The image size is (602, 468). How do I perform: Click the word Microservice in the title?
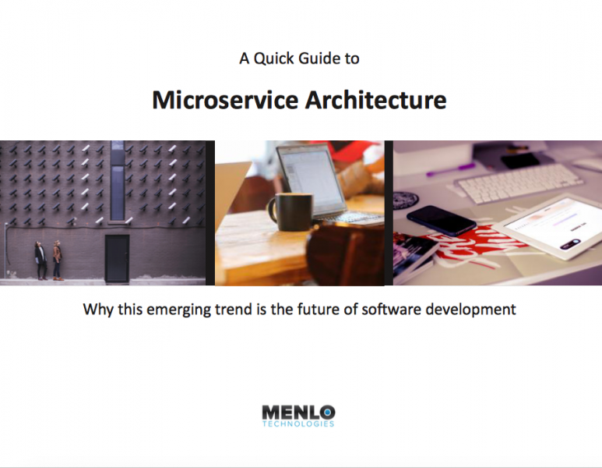tap(225, 100)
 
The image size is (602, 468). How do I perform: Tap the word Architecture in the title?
tap(376, 100)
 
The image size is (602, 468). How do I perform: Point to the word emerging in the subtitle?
tap(179, 310)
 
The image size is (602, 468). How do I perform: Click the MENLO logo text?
tap(299, 413)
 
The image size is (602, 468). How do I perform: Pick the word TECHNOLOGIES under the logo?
tap(298, 424)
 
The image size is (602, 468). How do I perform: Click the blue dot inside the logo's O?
tap(327, 413)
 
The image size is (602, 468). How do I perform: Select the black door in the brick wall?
tap(117, 259)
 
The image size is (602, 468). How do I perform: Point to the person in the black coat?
tap(40, 261)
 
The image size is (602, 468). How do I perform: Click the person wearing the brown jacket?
tap(57, 261)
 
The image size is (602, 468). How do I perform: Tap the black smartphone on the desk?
tap(441, 220)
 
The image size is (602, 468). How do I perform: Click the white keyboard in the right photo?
tap(519, 184)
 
